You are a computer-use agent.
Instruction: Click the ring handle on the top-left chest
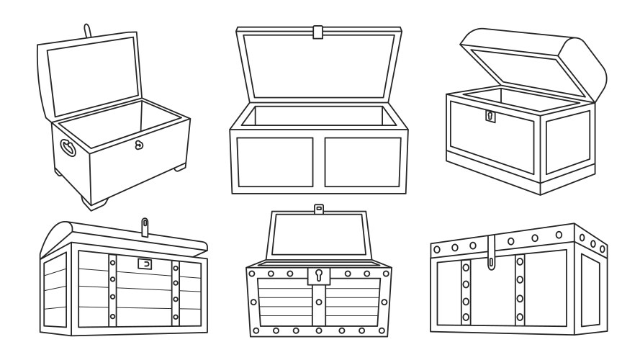pos(67,148)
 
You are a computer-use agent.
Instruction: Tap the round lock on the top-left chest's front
pos(140,145)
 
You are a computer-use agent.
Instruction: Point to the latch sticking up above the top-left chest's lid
pos(88,31)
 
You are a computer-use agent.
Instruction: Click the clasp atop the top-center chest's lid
pos(317,32)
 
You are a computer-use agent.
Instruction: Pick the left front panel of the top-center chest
pos(275,162)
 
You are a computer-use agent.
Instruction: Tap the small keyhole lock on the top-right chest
pos(490,115)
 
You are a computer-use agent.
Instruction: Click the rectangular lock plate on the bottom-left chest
pos(145,264)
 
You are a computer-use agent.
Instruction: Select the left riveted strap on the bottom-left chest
pos(112,288)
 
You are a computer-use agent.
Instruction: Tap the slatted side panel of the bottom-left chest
pos(55,292)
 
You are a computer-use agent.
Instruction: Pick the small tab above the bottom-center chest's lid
pos(317,210)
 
